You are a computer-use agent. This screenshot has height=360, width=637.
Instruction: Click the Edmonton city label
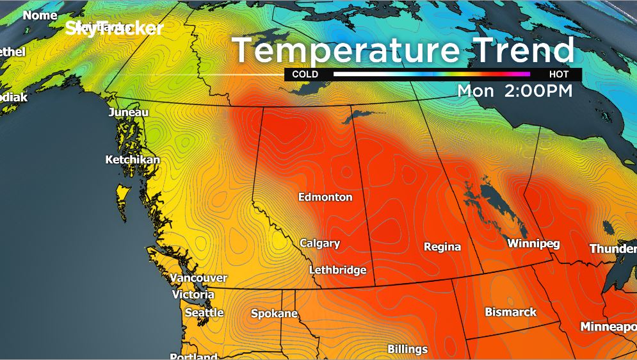pos(325,197)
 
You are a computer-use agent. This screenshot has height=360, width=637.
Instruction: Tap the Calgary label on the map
pos(320,243)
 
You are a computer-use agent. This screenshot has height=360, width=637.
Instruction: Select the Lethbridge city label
pos(337,270)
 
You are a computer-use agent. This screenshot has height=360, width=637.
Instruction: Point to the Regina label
pos(442,247)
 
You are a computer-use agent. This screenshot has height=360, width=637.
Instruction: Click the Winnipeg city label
pos(533,243)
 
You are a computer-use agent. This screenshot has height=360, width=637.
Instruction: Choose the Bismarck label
pos(510,312)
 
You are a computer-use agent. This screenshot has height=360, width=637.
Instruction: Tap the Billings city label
pos(407,349)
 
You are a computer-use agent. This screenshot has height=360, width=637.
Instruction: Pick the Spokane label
pos(274,313)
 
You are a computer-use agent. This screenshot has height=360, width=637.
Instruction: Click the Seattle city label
pos(204,313)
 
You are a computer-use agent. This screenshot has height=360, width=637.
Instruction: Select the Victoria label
pos(193,295)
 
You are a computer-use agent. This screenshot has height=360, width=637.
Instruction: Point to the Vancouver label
pos(198,278)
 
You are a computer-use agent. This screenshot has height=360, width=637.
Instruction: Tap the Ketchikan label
pos(133,160)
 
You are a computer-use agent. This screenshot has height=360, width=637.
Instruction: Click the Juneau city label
pos(129,112)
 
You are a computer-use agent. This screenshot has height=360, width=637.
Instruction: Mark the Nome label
pos(40,15)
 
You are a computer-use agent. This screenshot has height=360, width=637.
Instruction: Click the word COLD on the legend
pos(305,74)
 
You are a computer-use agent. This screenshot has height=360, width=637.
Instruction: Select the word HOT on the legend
pos(559,74)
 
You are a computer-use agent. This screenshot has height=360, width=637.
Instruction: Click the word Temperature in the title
pos(344,51)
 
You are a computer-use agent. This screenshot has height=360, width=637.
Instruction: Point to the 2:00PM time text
pos(538,91)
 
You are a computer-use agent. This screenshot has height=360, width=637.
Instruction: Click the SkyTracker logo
pos(115,28)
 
